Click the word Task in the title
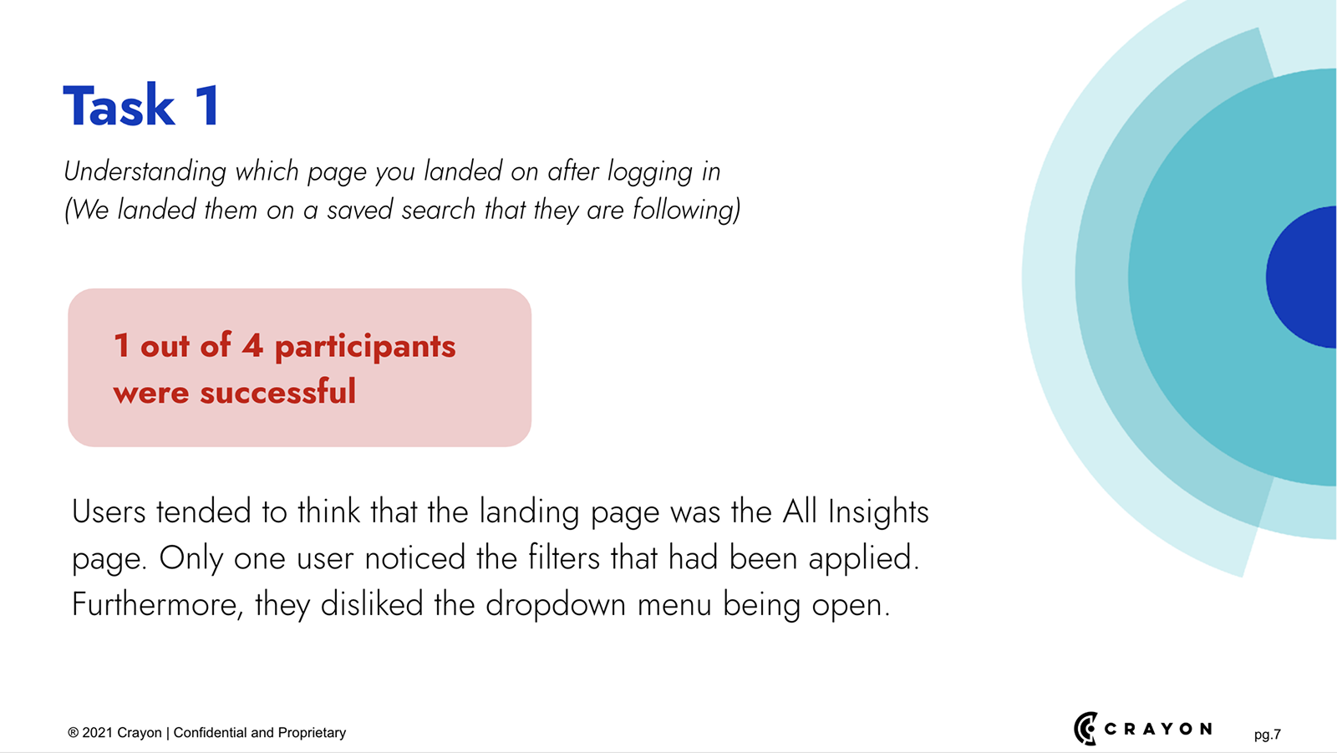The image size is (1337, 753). click(119, 105)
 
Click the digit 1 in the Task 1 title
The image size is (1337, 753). click(208, 105)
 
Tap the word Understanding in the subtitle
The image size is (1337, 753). click(145, 172)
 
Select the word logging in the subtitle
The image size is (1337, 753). click(649, 172)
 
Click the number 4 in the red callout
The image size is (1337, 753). click(252, 345)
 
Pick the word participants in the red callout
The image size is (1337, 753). click(364, 347)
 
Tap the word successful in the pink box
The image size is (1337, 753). click(277, 392)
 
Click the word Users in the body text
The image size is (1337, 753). click(109, 511)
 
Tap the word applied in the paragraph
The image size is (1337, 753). click(864, 559)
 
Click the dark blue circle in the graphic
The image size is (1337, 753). click(1301, 277)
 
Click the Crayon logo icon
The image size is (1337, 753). click(1085, 729)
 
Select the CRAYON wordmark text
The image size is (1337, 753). click(1157, 729)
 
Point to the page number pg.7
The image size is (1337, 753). click(1267, 735)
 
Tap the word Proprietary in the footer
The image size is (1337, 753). click(312, 733)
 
